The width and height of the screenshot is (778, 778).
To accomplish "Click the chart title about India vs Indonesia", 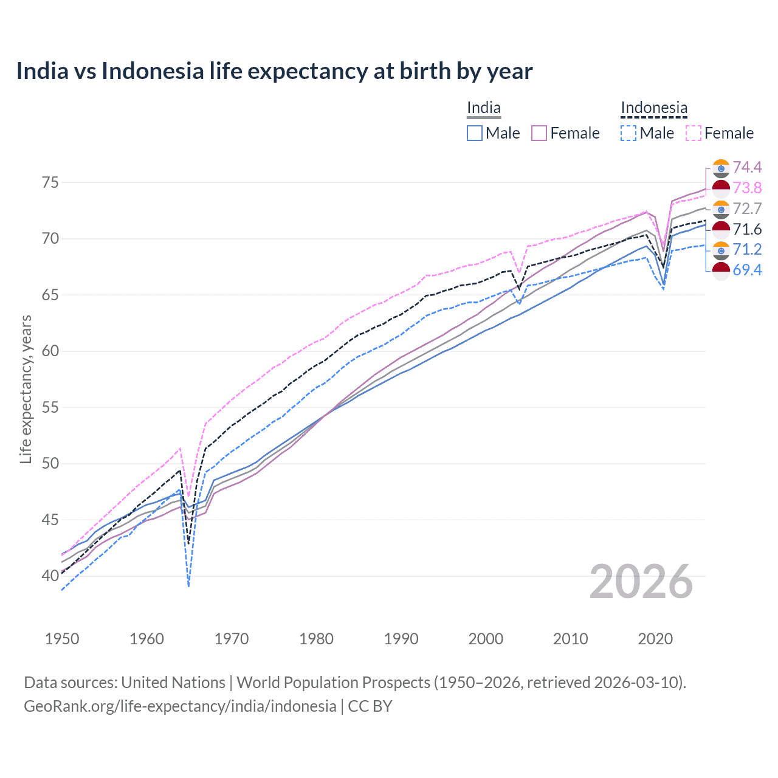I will [x=274, y=71].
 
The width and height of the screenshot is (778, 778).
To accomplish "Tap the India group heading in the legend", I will [x=483, y=108].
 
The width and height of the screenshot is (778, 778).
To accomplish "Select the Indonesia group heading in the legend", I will [x=653, y=108].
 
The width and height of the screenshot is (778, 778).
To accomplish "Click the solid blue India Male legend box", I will [x=475, y=133].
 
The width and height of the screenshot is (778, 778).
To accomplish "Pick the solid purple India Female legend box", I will [x=539, y=133].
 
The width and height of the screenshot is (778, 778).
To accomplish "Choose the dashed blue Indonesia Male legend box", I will [x=628, y=133].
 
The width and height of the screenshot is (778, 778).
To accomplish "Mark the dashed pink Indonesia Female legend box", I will [x=694, y=133].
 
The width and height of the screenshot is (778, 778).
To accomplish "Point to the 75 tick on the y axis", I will [x=50, y=183].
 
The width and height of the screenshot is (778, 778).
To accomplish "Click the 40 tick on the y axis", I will [x=50, y=576].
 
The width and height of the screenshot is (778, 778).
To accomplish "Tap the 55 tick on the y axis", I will [x=50, y=407].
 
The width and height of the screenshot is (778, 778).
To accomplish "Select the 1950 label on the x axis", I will [x=62, y=639].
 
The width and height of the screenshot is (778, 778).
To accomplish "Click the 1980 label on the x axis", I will [x=316, y=639].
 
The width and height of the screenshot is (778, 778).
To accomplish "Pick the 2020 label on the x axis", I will [x=655, y=639].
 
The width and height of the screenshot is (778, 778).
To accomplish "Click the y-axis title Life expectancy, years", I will [x=26, y=389].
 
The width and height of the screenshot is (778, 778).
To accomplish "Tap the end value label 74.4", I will [x=747, y=167].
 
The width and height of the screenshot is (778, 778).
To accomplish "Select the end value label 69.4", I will [x=747, y=270].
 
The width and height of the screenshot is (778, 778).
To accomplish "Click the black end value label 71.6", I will [x=747, y=229].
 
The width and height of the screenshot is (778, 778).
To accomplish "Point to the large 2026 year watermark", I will [x=641, y=582].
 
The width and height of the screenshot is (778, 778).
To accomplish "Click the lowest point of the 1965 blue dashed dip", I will [x=189, y=586].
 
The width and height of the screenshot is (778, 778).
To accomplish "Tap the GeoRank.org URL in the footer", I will [x=180, y=706].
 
